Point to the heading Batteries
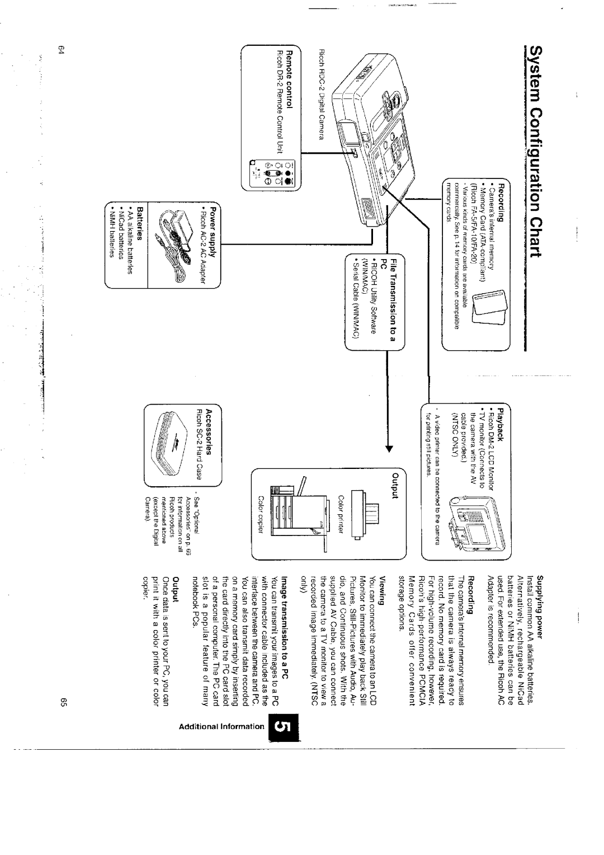[x=134, y=219]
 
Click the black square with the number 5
[x=285, y=727]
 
